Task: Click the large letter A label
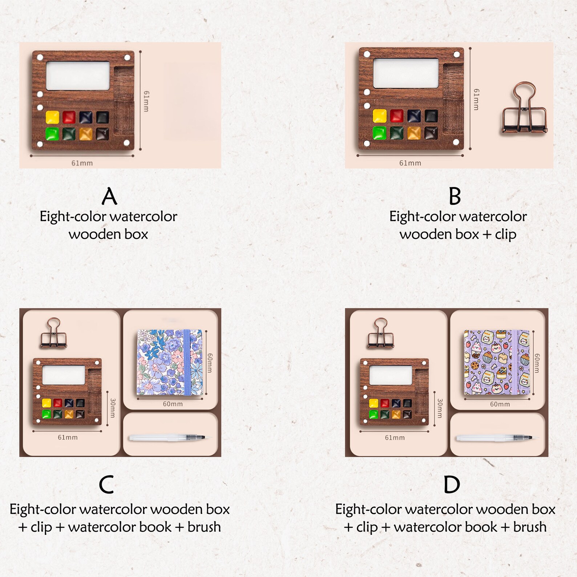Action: [x=109, y=196]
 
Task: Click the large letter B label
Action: [x=455, y=196]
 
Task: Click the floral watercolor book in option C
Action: [x=170, y=362]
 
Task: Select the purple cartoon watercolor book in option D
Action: [x=497, y=362]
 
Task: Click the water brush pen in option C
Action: [x=167, y=438]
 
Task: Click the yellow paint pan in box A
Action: [x=52, y=117]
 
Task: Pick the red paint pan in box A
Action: [x=69, y=117]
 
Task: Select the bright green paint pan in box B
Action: [x=379, y=133]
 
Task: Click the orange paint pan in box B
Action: [x=414, y=133]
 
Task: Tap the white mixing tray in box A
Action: [x=78, y=76]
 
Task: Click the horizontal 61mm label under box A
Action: [x=82, y=163]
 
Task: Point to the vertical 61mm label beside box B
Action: [x=476, y=99]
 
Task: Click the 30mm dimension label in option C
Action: [x=113, y=408]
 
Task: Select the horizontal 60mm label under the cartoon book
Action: [x=500, y=404]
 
